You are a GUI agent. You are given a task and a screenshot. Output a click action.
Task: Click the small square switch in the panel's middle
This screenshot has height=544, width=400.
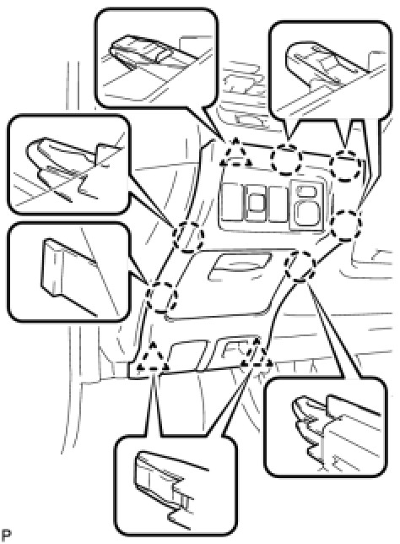[x=257, y=204]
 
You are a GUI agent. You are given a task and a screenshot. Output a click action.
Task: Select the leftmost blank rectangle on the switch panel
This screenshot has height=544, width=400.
[x=233, y=204]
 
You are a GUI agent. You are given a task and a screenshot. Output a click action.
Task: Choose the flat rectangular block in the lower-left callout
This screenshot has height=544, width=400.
[x=69, y=274]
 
